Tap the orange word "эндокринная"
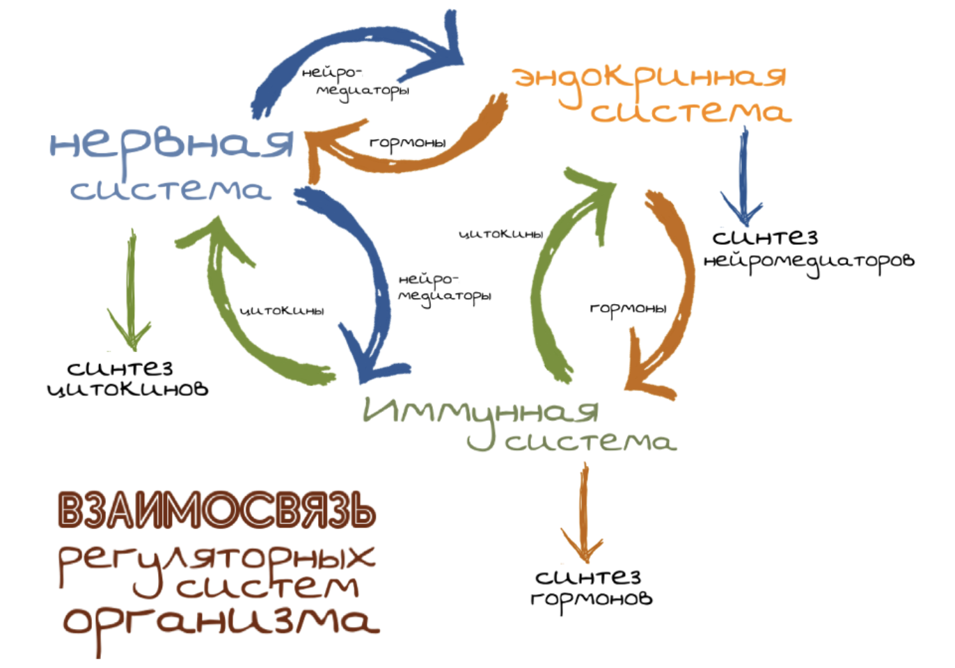point(649,78)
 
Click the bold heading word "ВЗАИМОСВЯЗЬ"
point(216,510)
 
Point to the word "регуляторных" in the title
point(216,557)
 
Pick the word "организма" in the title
point(221,621)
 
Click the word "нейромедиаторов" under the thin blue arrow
point(808,262)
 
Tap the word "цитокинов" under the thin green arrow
point(127,388)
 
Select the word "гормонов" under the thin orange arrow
point(591,598)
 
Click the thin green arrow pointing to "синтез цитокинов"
point(130,292)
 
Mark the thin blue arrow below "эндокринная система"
point(743,177)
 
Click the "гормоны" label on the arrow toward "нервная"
point(407,143)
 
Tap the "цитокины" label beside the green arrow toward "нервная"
point(282,310)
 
